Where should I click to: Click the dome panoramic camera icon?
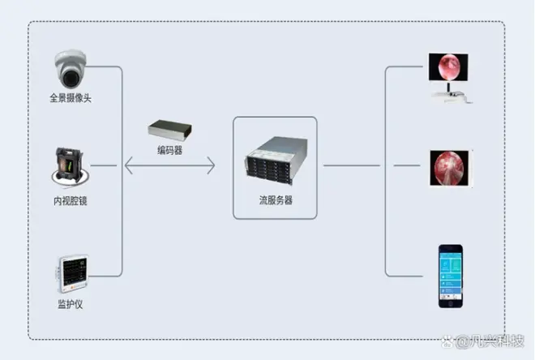coord(71,68)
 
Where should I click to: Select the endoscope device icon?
coord(69,167)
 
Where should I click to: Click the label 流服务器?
coord(276,199)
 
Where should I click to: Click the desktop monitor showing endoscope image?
coord(448,66)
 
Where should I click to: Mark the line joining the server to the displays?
coord(353,166)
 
